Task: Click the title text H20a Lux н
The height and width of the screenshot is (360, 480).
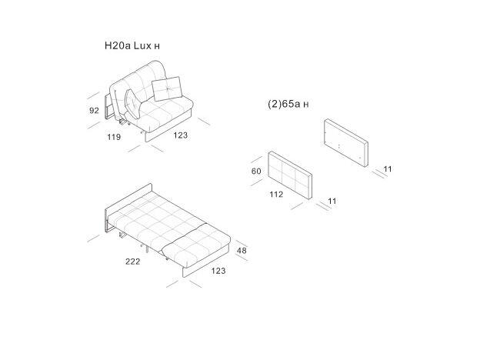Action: tap(132, 46)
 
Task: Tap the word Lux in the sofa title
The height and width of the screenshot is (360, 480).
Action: tap(142, 46)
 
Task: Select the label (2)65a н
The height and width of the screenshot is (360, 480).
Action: tap(288, 104)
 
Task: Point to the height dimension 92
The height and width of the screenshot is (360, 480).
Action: tap(95, 111)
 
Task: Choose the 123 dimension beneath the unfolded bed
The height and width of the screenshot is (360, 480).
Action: tap(218, 271)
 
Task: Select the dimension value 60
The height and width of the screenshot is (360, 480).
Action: tap(257, 172)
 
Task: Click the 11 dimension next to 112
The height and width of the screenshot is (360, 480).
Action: tap(332, 202)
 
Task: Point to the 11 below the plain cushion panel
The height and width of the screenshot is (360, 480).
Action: tap(388, 168)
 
